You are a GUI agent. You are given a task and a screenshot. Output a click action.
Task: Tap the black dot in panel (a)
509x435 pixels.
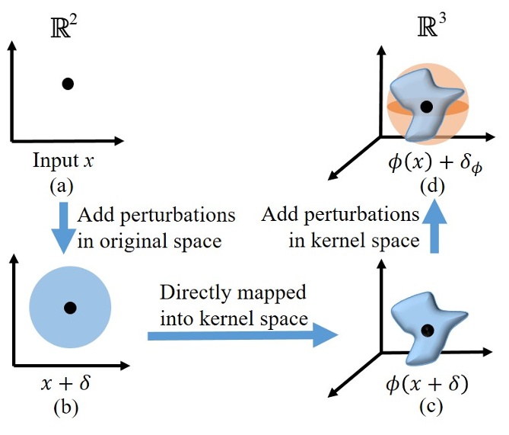pos(68,84)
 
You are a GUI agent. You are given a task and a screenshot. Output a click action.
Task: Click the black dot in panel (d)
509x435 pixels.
pos(427,107)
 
